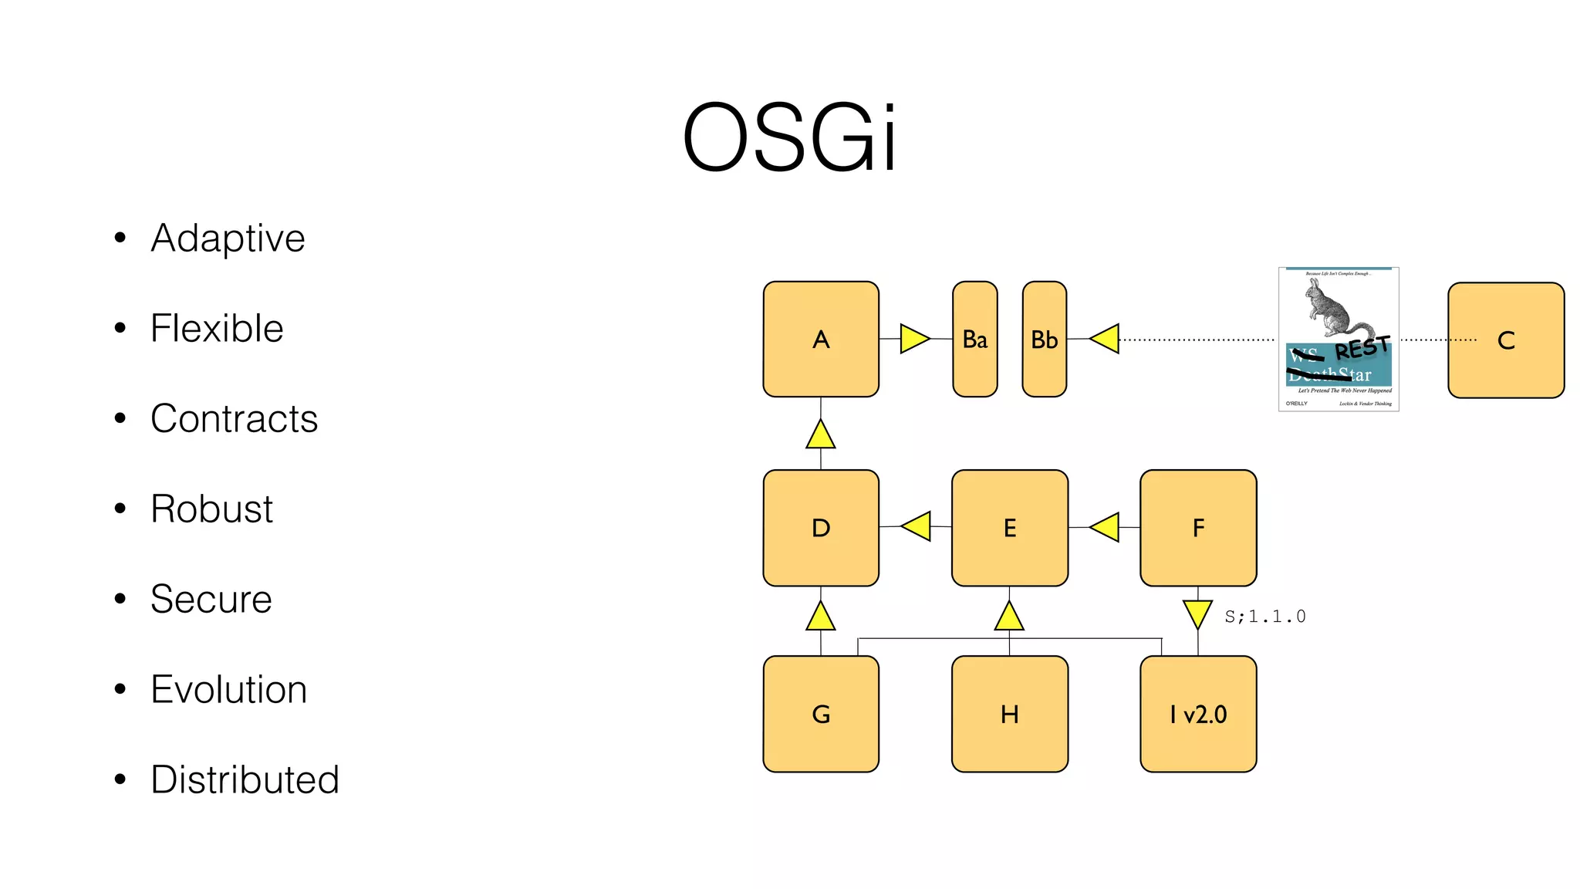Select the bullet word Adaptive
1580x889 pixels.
(228, 238)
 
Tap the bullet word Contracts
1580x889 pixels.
(234, 418)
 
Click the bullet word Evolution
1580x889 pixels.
(228, 689)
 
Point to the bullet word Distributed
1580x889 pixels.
(245, 779)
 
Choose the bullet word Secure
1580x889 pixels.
(211, 599)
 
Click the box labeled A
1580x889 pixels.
(821, 340)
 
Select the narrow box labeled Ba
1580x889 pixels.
(974, 340)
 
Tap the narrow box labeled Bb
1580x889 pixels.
(1044, 340)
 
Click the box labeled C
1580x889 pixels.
(1505, 340)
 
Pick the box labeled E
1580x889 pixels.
(1009, 528)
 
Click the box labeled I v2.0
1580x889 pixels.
(1197, 714)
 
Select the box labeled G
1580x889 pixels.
(821, 714)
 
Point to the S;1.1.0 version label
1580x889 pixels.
(1264, 617)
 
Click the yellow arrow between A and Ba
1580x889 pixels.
(913, 339)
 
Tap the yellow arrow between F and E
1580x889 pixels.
(1106, 527)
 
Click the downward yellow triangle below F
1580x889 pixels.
(1197, 614)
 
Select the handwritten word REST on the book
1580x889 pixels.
(1362, 348)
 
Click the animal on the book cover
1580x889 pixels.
(1333, 309)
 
